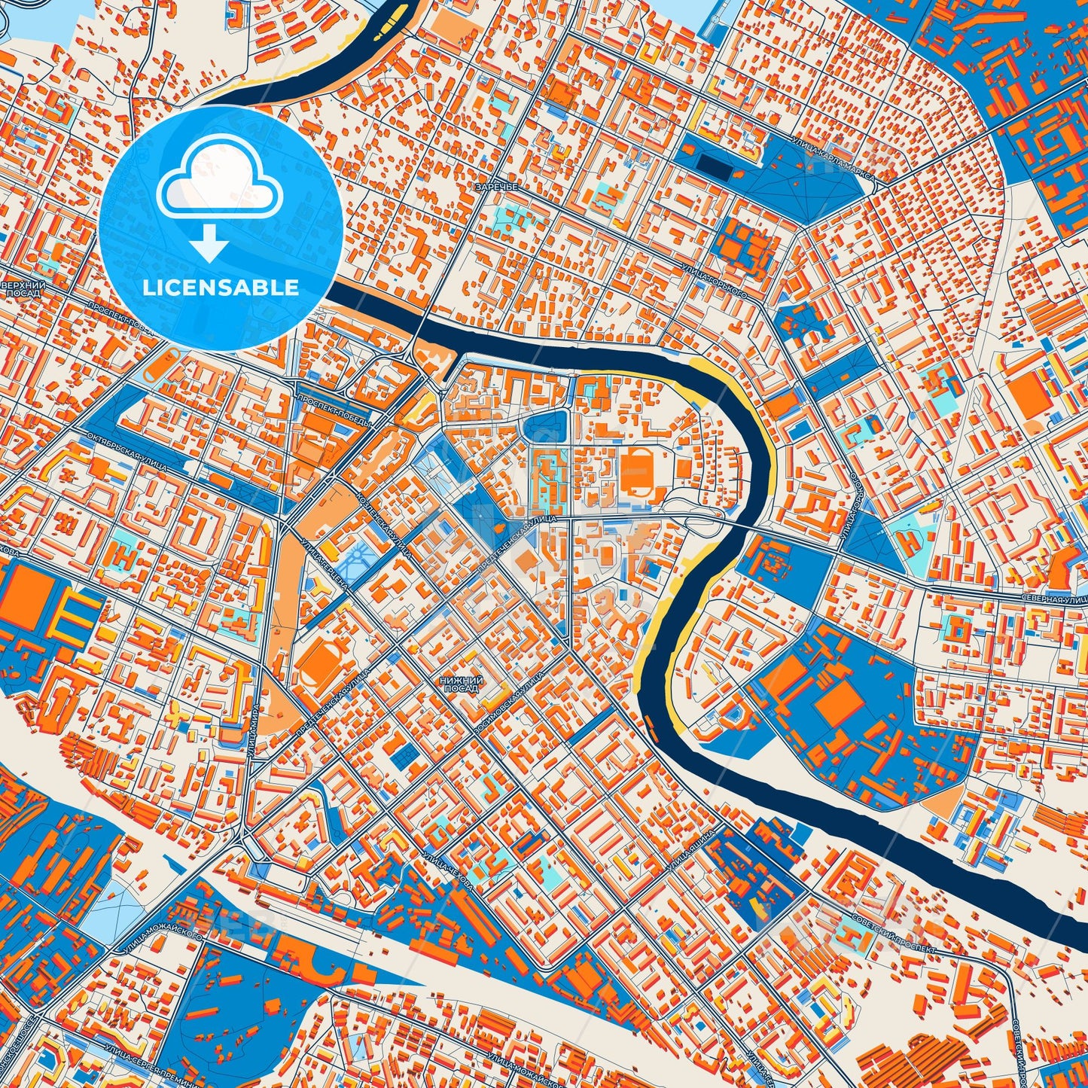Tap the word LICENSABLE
click(x=221, y=288)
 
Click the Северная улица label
click(x=1054, y=599)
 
